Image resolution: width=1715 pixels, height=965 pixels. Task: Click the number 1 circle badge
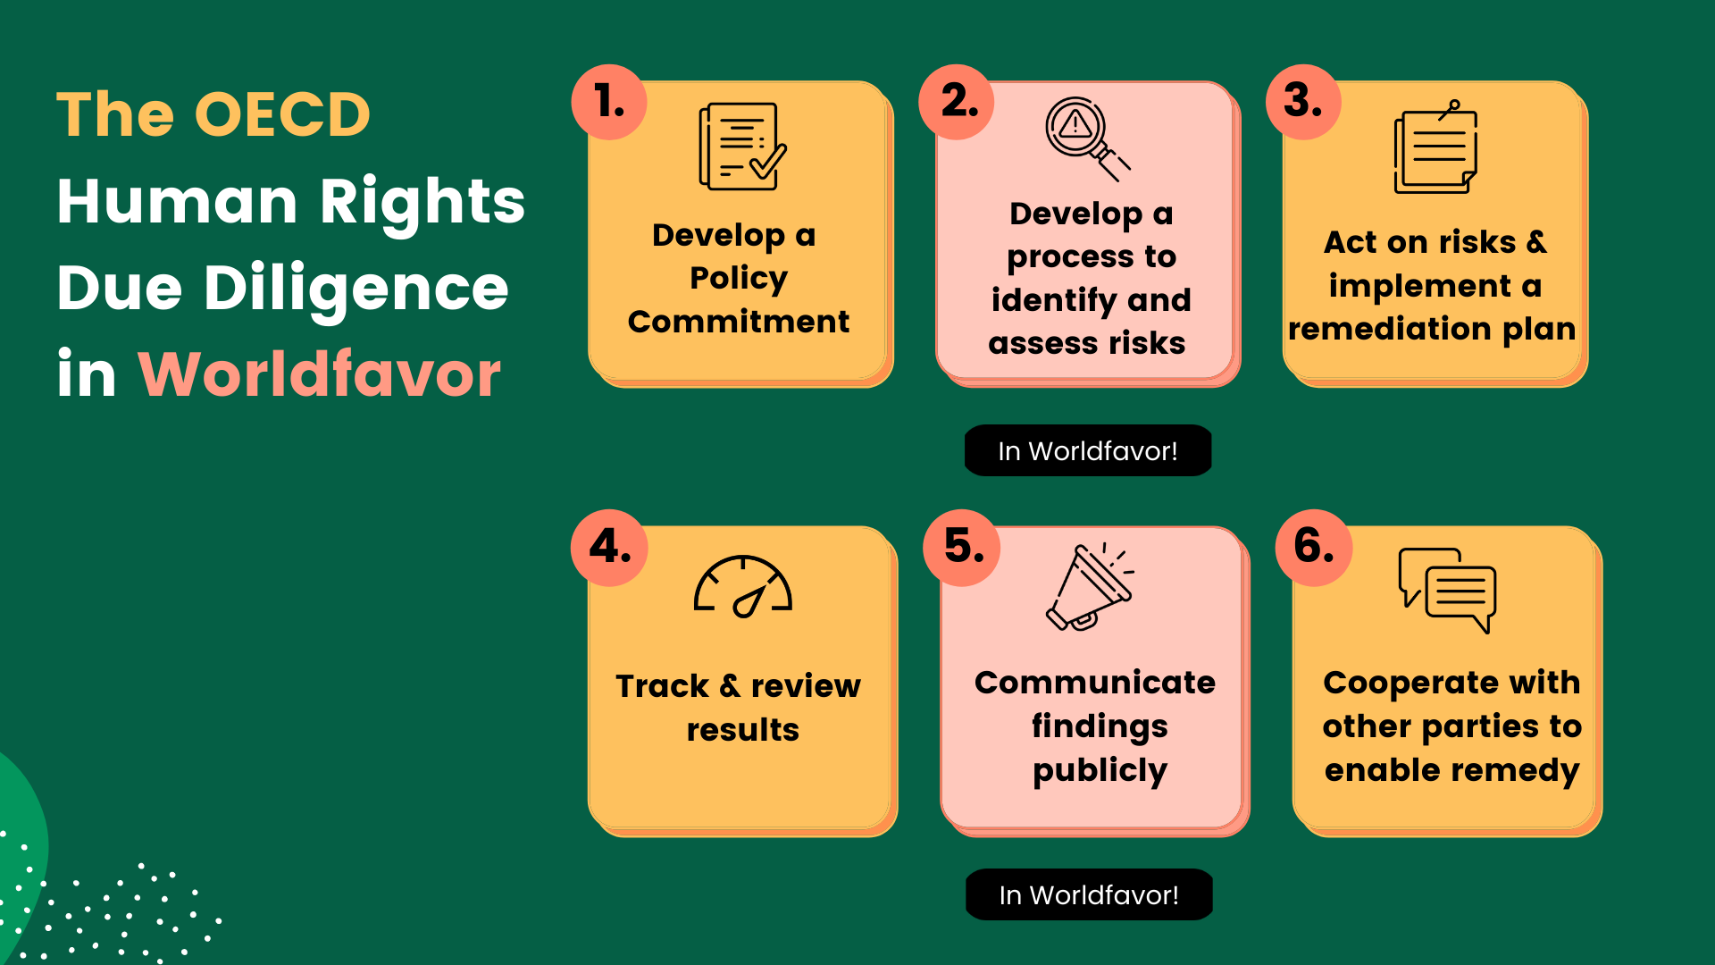coord(609,101)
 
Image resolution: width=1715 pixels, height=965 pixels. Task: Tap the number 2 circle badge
coord(957,101)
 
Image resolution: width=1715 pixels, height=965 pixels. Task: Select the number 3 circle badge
coord(1303,101)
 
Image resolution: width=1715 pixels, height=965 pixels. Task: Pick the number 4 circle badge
coord(609,547)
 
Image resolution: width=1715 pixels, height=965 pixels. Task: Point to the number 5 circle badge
coord(962,547)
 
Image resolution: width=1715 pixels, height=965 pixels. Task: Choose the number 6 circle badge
coord(1313,547)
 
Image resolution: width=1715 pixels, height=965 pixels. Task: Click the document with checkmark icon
coord(741,147)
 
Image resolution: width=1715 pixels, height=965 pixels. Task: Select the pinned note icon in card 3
coord(1435,148)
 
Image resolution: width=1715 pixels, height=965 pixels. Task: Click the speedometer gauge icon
coord(743,587)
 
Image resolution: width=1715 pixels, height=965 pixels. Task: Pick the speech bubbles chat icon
coord(1447,590)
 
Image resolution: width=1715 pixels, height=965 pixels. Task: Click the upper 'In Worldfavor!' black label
coord(1088,450)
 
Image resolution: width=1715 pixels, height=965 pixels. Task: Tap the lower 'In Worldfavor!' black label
coord(1089,894)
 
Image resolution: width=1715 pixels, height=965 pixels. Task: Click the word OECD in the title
coord(281,115)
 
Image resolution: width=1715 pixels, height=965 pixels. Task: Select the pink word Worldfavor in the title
coord(319,374)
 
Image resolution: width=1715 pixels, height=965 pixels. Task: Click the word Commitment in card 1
coord(739,322)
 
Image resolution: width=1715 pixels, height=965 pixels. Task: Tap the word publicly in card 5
coord(1100,770)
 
